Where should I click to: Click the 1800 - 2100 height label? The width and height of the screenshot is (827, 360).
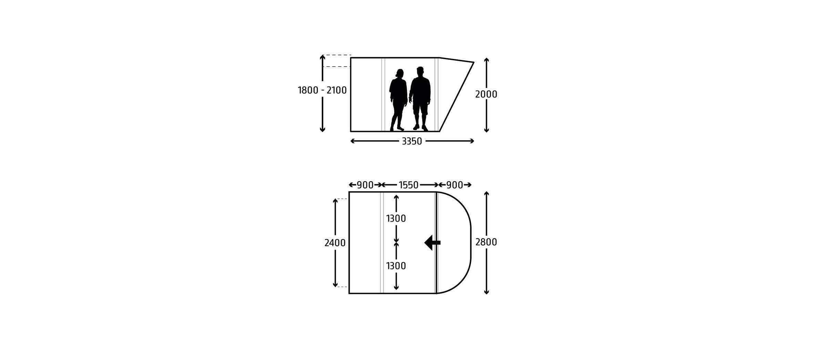click(x=322, y=90)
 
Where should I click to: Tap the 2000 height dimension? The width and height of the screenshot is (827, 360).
click(x=486, y=94)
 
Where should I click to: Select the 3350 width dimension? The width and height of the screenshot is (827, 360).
click(x=412, y=141)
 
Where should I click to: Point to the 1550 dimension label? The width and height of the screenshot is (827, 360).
click(x=409, y=185)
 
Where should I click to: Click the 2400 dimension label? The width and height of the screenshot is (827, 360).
click(x=335, y=243)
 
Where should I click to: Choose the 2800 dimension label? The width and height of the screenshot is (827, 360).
click(x=486, y=243)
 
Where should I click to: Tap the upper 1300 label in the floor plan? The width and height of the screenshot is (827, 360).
click(x=396, y=218)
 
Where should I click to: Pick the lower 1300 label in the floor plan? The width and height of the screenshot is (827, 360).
click(x=396, y=266)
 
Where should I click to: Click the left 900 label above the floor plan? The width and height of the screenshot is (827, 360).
click(x=365, y=185)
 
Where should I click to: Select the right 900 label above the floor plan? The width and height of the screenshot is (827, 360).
click(x=455, y=185)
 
